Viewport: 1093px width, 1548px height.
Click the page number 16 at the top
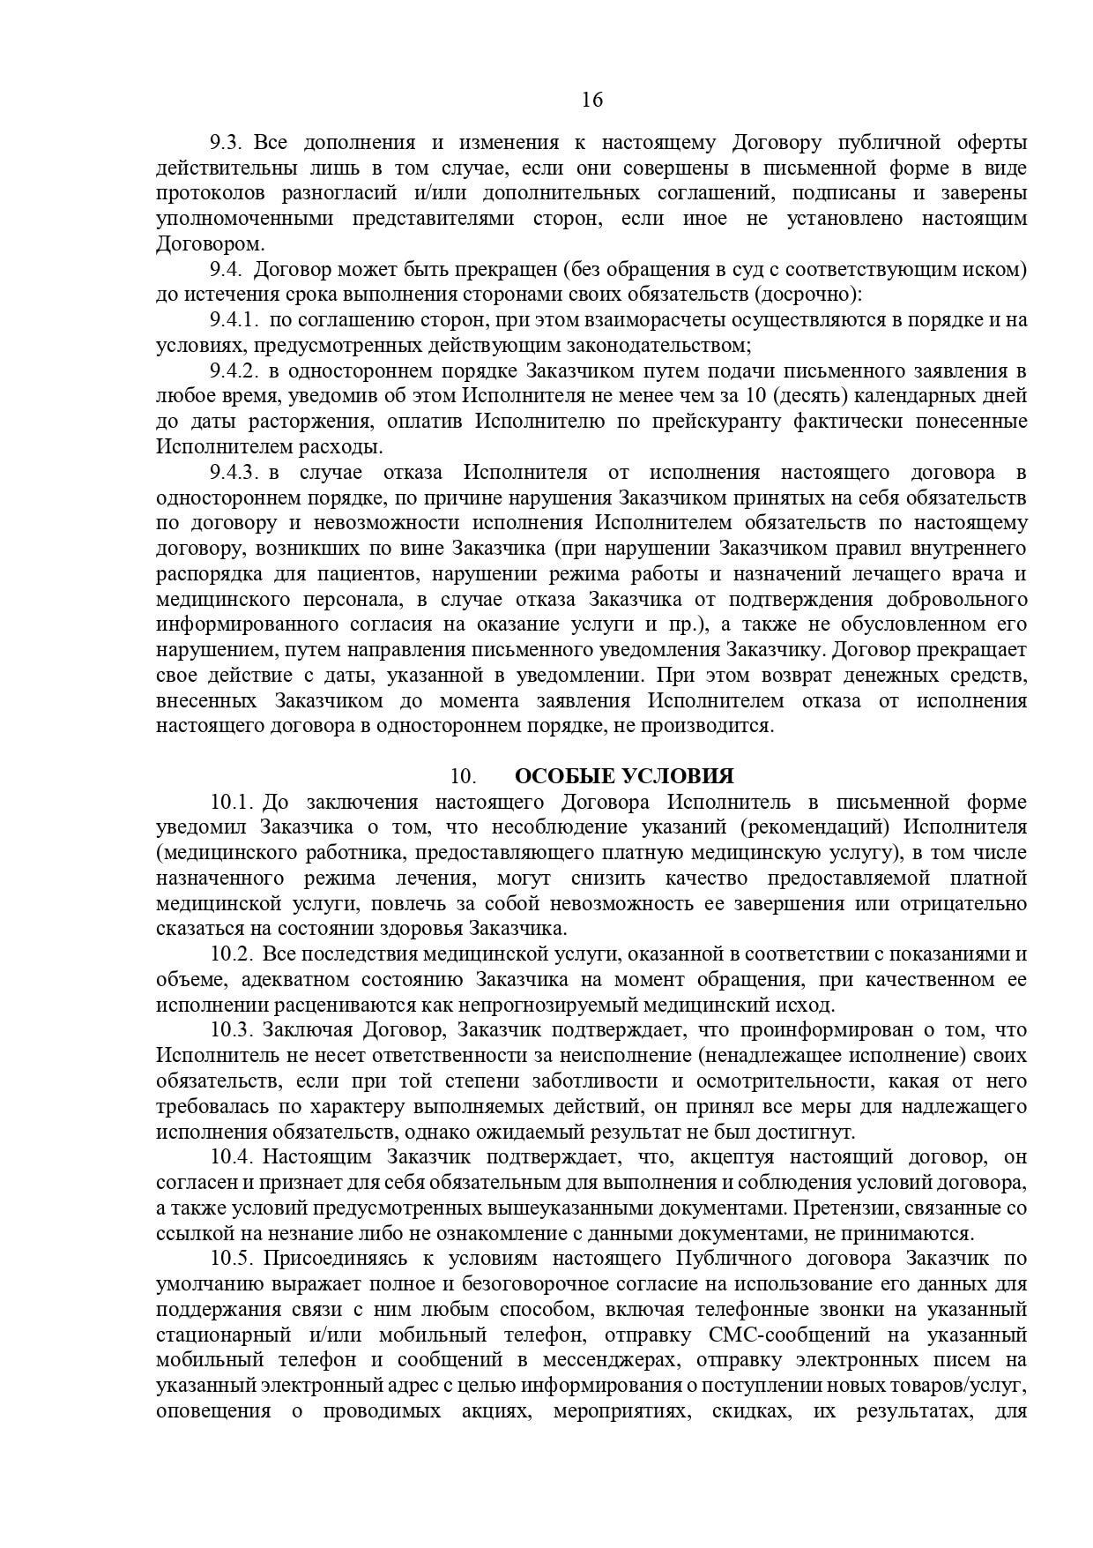click(592, 100)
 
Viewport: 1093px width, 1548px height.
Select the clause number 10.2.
click(232, 954)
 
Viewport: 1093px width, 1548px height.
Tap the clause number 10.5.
click(232, 1259)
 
